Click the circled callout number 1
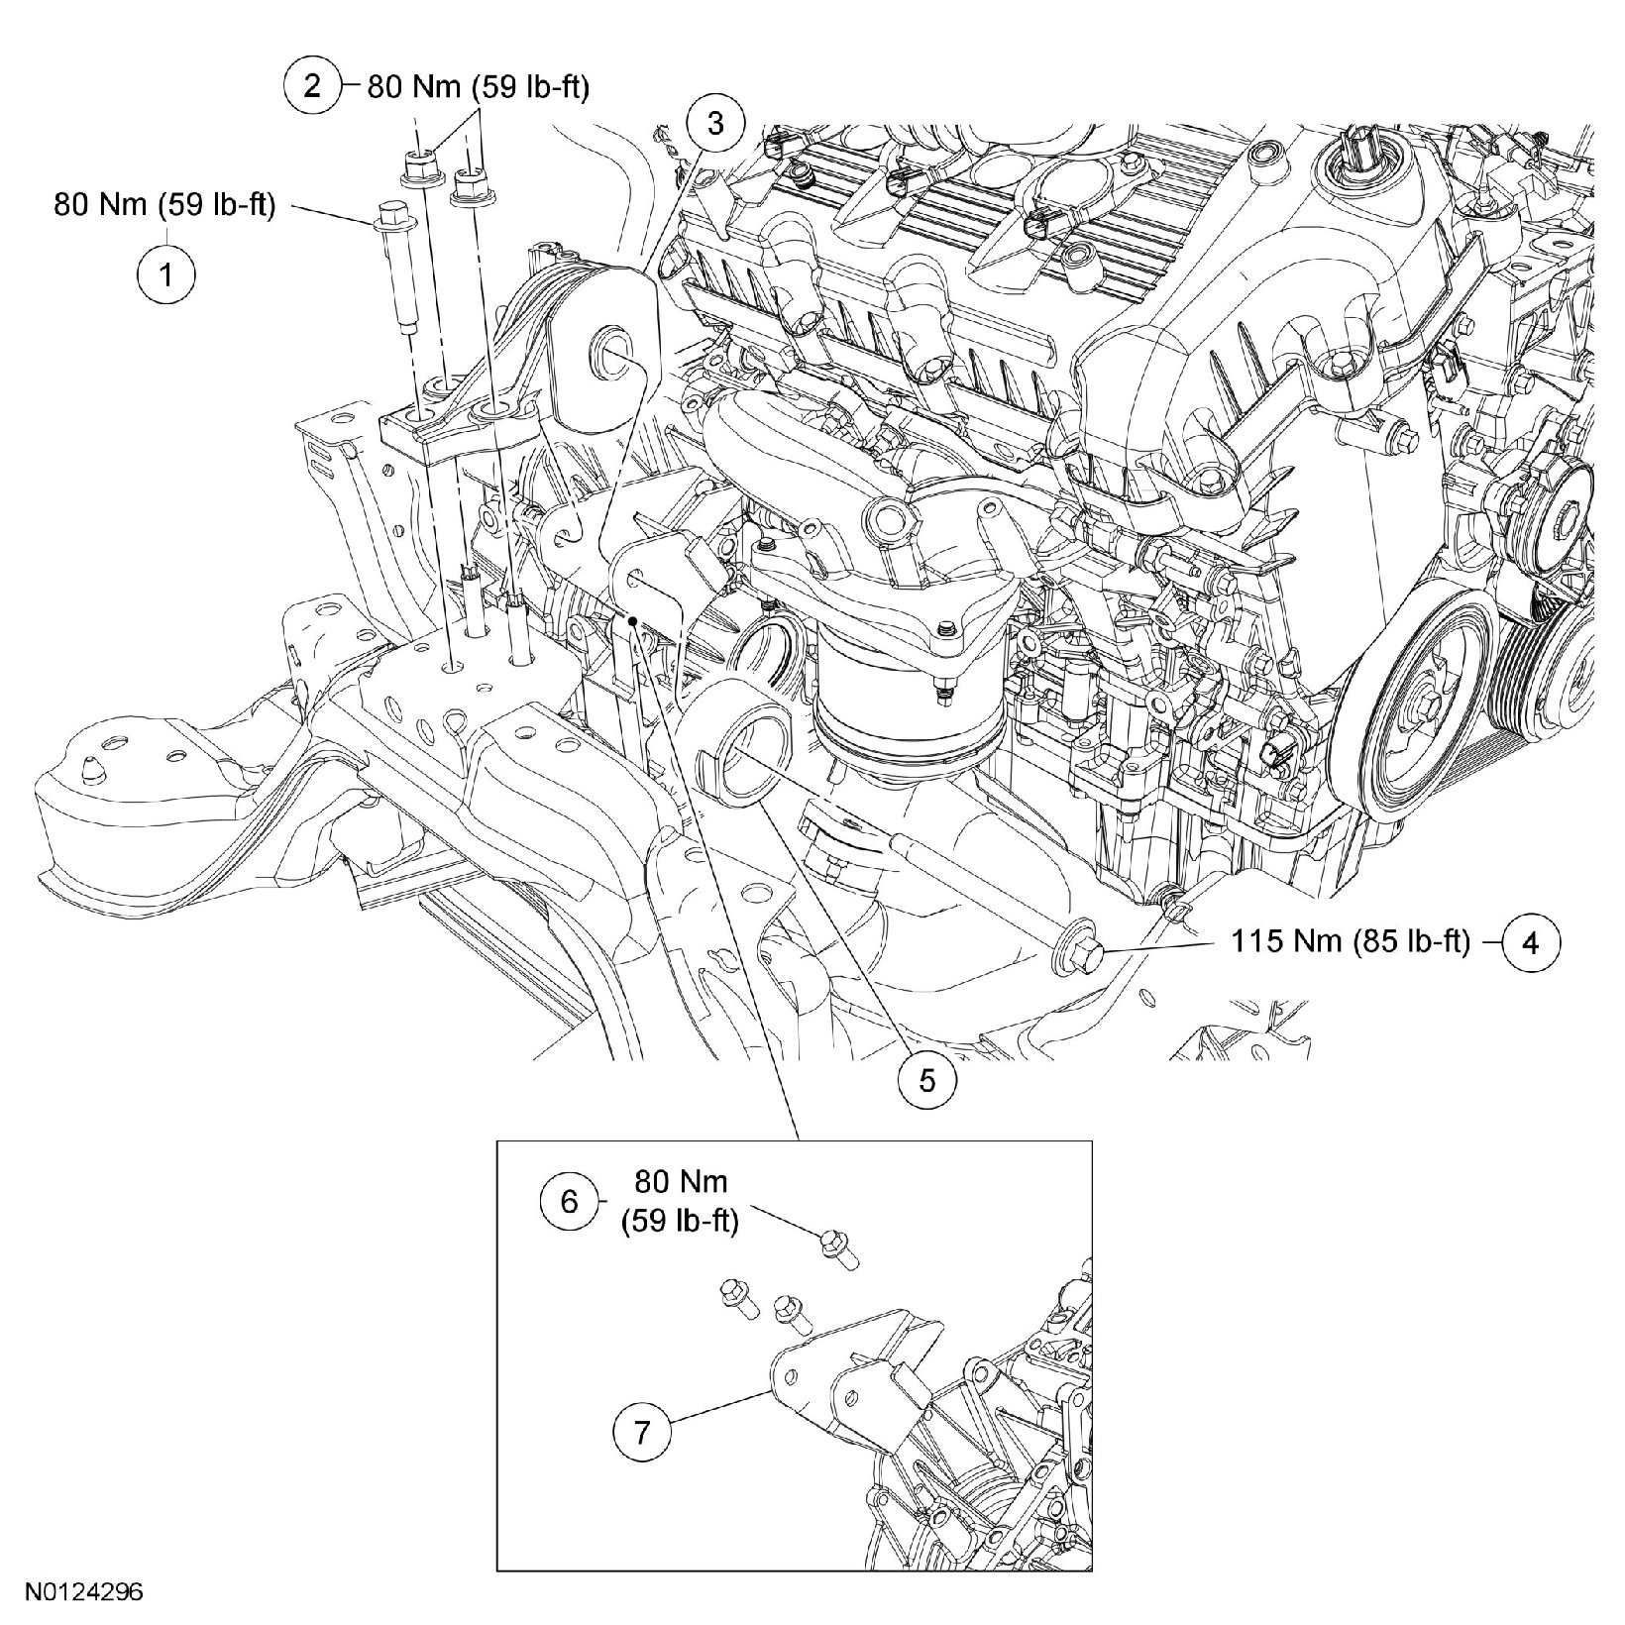165,272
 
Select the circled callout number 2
312,87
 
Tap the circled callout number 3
714,124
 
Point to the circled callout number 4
1531,942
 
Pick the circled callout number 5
926,1079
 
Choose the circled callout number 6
569,1201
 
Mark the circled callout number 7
643,1434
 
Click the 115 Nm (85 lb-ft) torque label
1351,941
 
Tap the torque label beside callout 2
479,88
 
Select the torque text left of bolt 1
164,209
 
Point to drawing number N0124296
85,1594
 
